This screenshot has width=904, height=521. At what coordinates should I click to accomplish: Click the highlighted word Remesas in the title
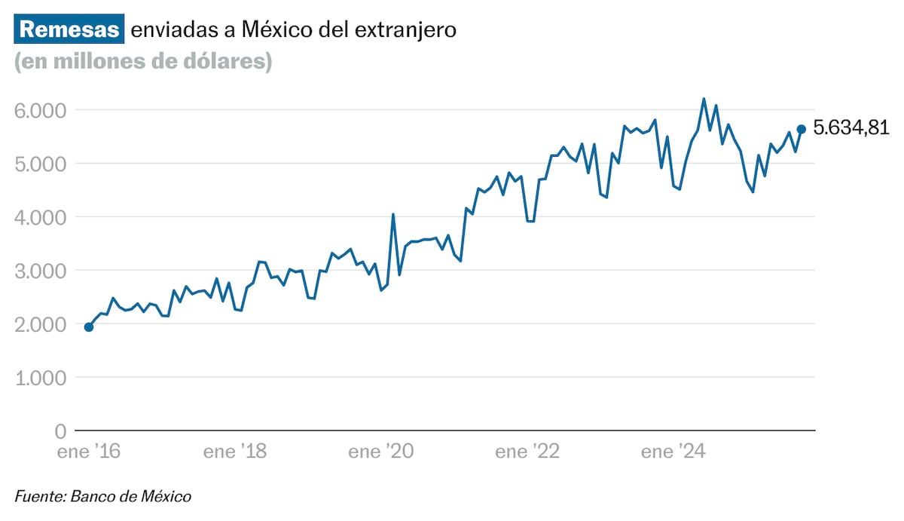click(x=69, y=30)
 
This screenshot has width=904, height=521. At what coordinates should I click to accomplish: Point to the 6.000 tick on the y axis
click(x=41, y=110)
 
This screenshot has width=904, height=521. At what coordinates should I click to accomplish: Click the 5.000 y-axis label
click(x=41, y=164)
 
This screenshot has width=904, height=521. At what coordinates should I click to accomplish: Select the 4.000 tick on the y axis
click(x=41, y=217)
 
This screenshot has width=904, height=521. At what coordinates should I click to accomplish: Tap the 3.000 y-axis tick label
click(x=41, y=271)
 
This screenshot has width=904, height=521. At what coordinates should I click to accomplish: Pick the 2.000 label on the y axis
click(x=41, y=324)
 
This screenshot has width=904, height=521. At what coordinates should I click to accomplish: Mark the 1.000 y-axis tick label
click(x=41, y=378)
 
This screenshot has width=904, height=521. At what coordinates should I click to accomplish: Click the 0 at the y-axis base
click(x=60, y=431)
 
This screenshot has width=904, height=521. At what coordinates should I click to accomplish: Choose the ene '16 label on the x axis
click(x=89, y=452)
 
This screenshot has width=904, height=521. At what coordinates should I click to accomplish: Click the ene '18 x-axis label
click(x=234, y=452)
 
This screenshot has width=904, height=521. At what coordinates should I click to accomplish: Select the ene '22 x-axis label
click(x=527, y=452)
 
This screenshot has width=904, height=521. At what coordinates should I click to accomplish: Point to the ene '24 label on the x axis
click(x=672, y=452)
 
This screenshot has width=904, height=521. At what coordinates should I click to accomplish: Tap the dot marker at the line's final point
click(x=802, y=129)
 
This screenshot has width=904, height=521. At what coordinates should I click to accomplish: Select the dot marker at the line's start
click(x=89, y=327)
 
